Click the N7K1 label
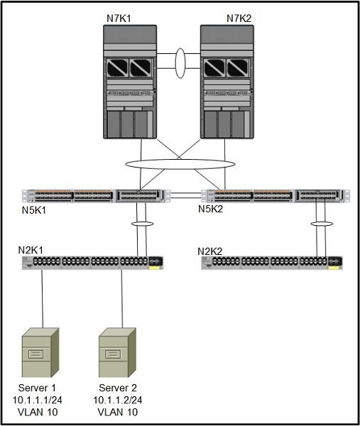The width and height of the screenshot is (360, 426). pos(119,18)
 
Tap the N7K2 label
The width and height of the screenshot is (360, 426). pos(239,18)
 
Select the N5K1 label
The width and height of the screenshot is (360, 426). pos(34,210)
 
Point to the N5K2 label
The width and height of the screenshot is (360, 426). pos(211,209)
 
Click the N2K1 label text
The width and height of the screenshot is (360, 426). pos(31,250)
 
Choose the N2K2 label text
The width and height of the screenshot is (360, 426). pos(210,251)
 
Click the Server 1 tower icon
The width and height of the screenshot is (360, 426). pos(40,352)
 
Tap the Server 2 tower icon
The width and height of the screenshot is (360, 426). pos(117,352)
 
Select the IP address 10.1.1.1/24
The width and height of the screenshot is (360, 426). pos(38,400)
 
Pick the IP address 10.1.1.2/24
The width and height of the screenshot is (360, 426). pos(118,400)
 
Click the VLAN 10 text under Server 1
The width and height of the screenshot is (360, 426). pos(38,412)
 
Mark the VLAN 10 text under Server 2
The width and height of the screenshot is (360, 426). pos(118,412)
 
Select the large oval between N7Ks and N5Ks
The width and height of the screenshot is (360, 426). pos(180,160)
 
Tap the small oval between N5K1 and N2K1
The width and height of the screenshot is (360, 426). pos(143,222)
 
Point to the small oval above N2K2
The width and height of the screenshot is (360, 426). pos(322,222)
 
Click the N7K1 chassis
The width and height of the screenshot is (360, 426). pos(130,82)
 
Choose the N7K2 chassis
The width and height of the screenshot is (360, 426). pos(227,82)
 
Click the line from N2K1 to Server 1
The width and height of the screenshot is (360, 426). pos(42,299)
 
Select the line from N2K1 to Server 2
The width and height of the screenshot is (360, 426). pos(121,299)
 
